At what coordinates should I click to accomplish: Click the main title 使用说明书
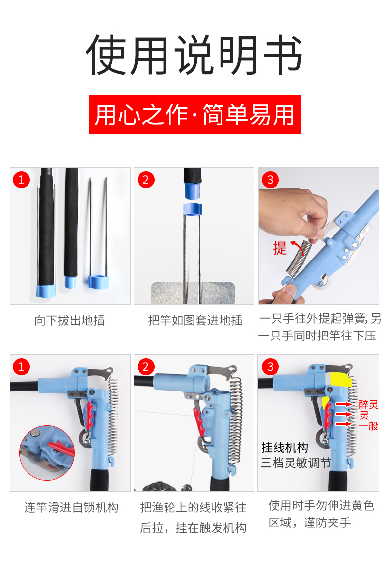click(x=194, y=55)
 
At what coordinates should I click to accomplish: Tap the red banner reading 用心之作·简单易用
click(x=194, y=114)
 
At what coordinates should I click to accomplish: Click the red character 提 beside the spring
click(x=280, y=249)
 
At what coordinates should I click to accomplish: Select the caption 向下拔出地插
click(x=69, y=320)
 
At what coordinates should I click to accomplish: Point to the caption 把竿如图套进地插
click(x=195, y=320)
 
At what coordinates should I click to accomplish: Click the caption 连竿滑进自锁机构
click(x=71, y=507)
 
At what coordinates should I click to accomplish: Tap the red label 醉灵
click(x=368, y=405)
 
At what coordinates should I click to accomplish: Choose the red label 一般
click(x=368, y=426)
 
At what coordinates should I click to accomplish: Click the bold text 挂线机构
click(x=285, y=447)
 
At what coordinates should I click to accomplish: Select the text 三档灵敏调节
click(x=296, y=463)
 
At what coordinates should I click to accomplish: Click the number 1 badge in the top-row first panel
click(x=21, y=180)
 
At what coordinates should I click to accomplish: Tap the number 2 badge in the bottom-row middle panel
click(x=145, y=366)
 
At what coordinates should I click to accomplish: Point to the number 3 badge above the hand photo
click(x=270, y=180)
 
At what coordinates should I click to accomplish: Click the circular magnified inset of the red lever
click(x=47, y=453)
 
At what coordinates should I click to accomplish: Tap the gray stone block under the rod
click(x=193, y=293)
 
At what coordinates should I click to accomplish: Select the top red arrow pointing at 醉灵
click(x=344, y=405)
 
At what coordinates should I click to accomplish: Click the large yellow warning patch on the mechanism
click(x=341, y=379)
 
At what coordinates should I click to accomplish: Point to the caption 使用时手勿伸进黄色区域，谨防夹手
click(x=321, y=514)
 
